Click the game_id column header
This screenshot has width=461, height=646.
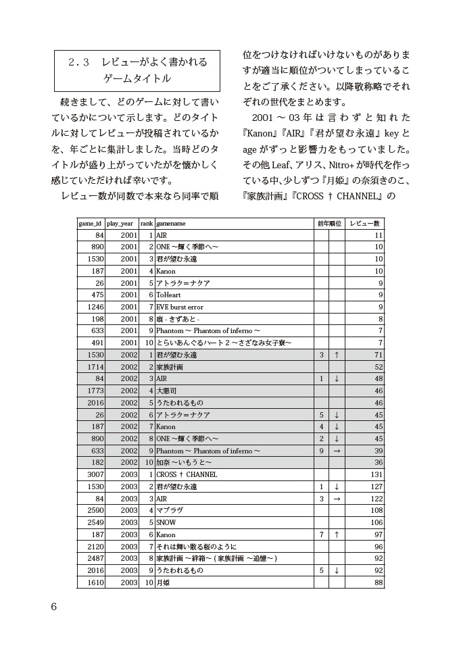(x=90, y=223)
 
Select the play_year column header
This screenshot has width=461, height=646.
(x=120, y=223)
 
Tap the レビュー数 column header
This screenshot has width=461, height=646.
(x=365, y=223)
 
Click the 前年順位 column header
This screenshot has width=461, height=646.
(x=329, y=223)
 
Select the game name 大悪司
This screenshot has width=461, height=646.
(x=166, y=391)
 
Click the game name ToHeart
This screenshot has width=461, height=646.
(x=168, y=295)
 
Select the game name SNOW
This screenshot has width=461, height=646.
(x=166, y=522)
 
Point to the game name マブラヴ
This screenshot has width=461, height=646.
(x=169, y=510)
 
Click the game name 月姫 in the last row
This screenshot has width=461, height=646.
(x=163, y=582)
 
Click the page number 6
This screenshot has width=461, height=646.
(x=54, y=605)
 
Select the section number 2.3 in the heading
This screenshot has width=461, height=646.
(x=79, y=62)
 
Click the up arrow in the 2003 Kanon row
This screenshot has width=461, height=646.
(x=337, y=535)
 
